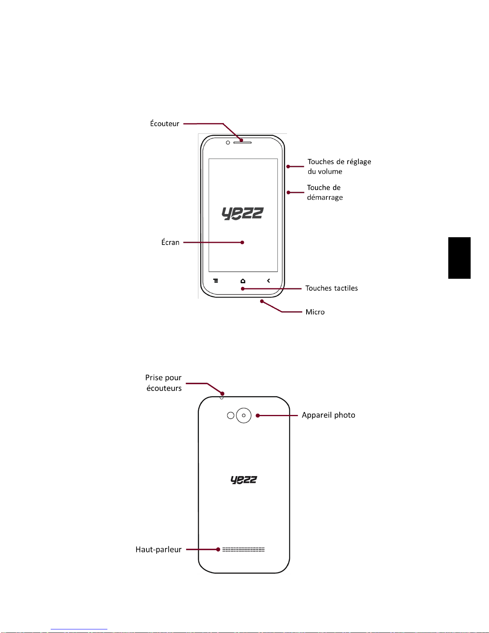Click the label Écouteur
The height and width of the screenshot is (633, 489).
(164, 123)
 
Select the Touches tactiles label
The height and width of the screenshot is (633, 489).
(332, 288)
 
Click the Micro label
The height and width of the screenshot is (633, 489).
(315, 312)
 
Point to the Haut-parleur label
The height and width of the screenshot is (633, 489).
(158, 550)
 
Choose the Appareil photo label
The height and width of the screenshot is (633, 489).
(328, 415)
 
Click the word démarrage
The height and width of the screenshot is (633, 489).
(325, 197)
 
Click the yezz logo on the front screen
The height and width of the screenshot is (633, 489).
(243, 214)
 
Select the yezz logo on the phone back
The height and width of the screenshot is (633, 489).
(244, 480)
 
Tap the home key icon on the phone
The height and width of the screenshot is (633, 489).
(243, 281)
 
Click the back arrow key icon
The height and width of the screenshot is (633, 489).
(268, 280)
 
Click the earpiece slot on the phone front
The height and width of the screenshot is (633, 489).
(242, 143)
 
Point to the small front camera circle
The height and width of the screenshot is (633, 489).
(228, 143)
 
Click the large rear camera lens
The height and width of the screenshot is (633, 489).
(244, 415)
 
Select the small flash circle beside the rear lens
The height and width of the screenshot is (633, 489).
(231, 415)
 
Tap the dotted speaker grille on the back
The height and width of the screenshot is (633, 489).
(244, 550)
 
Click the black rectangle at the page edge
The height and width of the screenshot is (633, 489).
(459, 258)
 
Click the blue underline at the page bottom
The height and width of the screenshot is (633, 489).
(79, 629)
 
